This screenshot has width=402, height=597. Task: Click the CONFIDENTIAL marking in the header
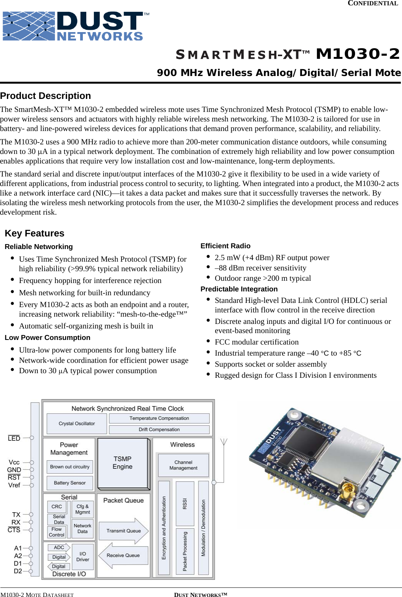pyautogui.click(x=373, y=3)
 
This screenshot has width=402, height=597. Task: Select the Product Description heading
pyautogui.click(x=45, y=96)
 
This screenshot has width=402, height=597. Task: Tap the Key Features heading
pyautogui.click(x=34, y=233)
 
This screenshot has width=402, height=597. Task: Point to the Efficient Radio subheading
pyautogui.click(x=225, y=246)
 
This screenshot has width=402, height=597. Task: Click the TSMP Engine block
pyautogui.click(x=123, y=463)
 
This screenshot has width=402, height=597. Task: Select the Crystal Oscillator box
pyautogui.click(x=76, y=424)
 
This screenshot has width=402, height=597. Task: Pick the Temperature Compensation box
pyautogui.click(x=159, y=418)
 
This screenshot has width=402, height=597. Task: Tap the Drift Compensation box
pyautogui.click(x=159, y=430)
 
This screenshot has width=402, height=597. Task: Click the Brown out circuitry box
pyautogui.click(x=69, y=467)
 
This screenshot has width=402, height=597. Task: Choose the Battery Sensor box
pyautogui.click(x=69, y=483)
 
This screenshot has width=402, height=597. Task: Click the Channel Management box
pyautogui.click(x=183, y=465)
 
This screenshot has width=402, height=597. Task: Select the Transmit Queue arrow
pyautogui.click(x=123, y=531)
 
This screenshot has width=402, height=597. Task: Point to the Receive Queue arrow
pyautogui.click(x=123, y=555)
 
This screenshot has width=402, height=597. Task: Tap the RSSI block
pyautogui.click(x=185, y=504)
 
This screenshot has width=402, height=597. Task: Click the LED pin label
pyautogui.click(x=14, y=438)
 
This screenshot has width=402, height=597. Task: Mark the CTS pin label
pyautogui.click(x=14, y=530)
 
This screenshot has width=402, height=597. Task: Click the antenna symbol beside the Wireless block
pyautogui.click(x=224, y=443)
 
